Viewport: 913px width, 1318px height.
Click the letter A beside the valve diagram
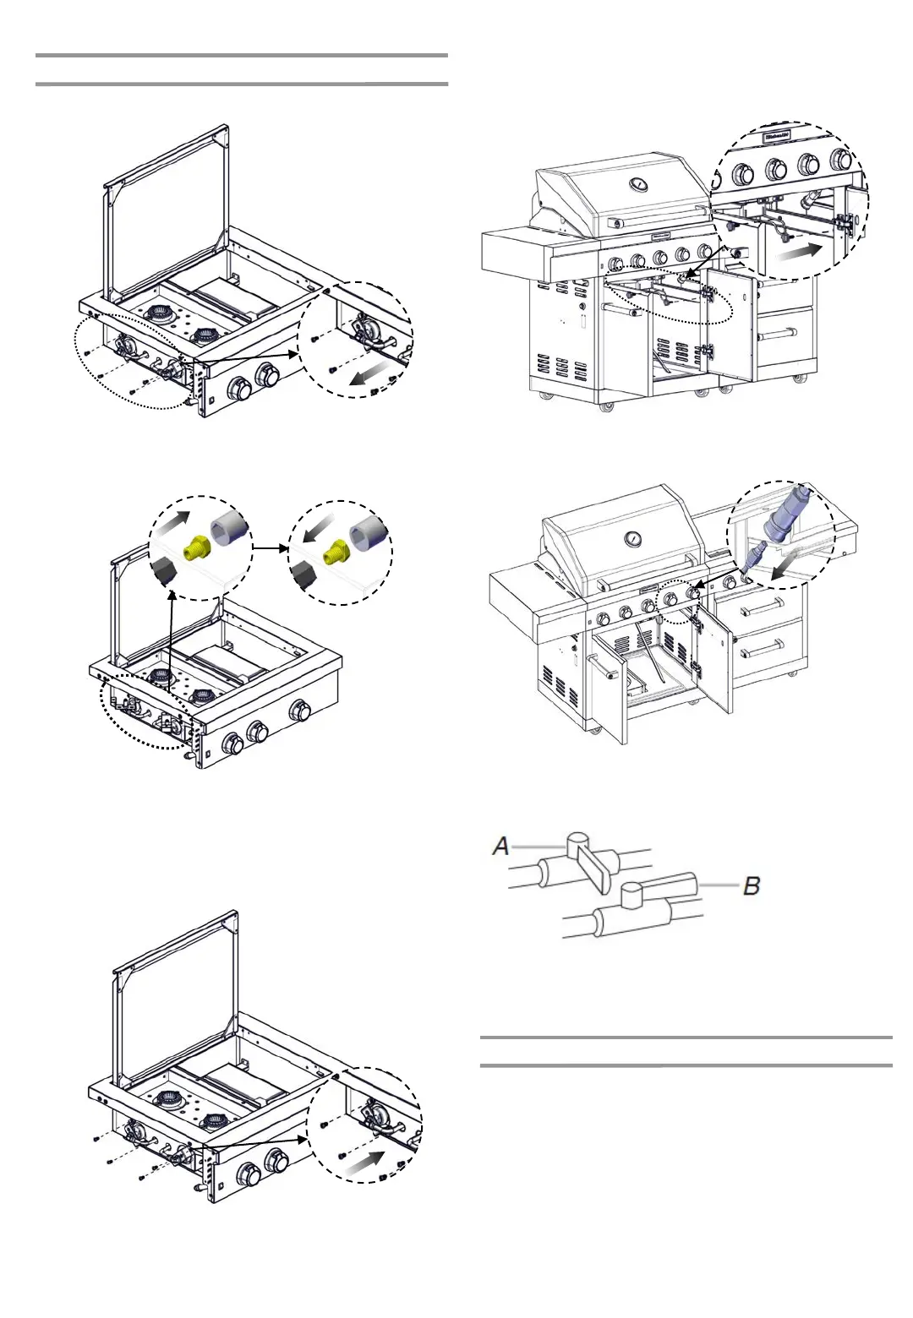[x=501, y=845]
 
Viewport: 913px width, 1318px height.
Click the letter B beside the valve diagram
[x=751, y=885]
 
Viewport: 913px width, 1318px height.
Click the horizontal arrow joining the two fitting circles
[x=270, y=547]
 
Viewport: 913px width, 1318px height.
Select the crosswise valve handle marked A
[x=593, y=868]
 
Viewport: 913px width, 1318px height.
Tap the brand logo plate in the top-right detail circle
[x=777, y=136]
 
